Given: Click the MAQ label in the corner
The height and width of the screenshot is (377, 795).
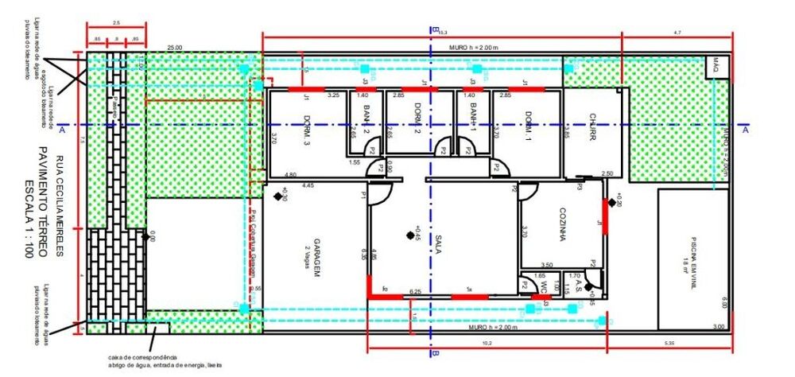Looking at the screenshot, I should [x=715, y=63].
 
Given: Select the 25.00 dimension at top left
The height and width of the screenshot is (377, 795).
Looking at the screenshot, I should [x=174, y=48].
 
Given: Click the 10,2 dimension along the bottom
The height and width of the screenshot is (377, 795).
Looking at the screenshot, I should [x=487, y=343].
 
